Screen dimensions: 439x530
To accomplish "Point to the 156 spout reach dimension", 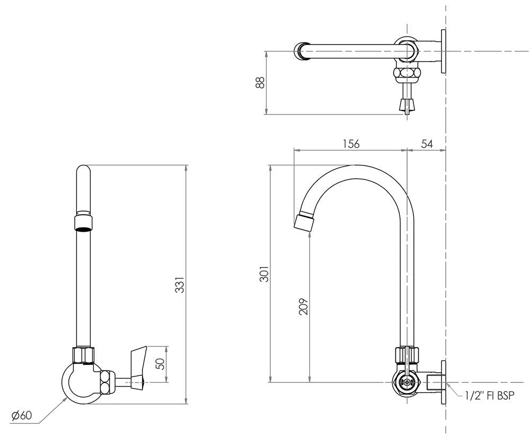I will [x=350, y=144].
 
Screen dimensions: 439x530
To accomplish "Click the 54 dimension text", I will [x=426, y=144].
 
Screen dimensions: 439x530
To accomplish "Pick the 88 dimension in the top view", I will [x=260, y=83].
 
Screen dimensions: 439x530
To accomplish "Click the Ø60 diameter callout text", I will [x=22, y=416].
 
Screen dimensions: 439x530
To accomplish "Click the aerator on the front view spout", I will [x=83, y=222].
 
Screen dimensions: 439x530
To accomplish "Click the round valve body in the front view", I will [x=82, y=380].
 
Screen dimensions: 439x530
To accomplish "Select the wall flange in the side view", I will [x=444, y=381].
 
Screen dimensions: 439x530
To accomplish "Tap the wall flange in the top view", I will [x=444, y=51].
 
